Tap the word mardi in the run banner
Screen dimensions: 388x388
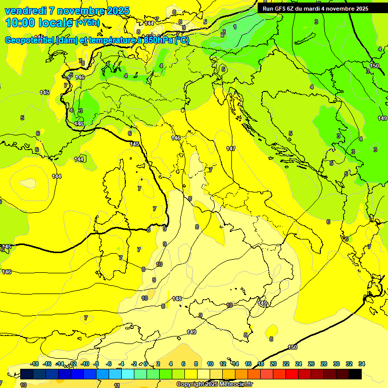[x=317, y=9]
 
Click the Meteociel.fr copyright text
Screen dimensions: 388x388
[x=214, y=384]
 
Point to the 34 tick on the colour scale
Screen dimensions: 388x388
[x=362, y=364]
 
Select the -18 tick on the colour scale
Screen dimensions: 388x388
[x=34, y=364]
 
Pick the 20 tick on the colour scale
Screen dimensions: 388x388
[x=273, y=364]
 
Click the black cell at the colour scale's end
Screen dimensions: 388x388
[x=355, y=374]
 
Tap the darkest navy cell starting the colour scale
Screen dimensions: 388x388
[x=27, y=374]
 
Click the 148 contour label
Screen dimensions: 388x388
[x=177, y=299]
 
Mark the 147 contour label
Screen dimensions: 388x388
[x=231, y=149]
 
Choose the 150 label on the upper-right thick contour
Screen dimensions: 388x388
[x=374, y=66]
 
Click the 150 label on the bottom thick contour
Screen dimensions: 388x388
[x=293, y=347]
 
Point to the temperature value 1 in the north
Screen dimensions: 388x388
[x=234, y=26]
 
